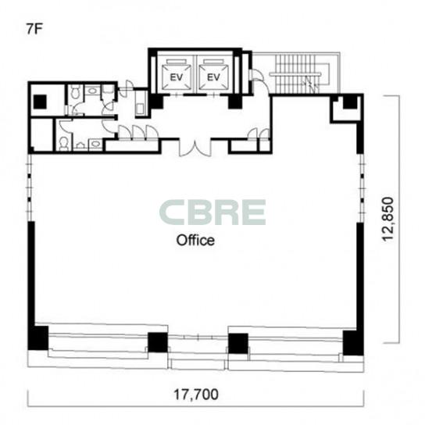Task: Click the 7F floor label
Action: click(x=34, y=30)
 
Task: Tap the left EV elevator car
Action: click(x=177, y=77)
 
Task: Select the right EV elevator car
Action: click(x=213, y=77)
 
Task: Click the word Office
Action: click(x=195, y=241)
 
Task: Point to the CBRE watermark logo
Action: click(x=212, y=212)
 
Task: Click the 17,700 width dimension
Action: click(x=195, y=395)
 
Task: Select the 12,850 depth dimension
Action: click(x=387, y=219)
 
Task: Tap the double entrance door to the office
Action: click(x=195, y=148)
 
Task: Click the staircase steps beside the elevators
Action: click(x=298, y=73)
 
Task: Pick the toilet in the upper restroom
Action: click(x=75, y=91)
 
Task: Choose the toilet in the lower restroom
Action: click(x=63, y=144)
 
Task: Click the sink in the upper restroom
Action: click(x=92, y=90)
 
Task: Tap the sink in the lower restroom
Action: click(x=95, y=145)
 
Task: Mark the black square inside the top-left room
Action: click(x=40, y=102)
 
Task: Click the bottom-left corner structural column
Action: click(x=38, y=337)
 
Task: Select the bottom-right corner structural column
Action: click(x=353, y=343)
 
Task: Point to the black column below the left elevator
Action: click(x=156, y=102)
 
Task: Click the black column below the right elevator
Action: click(x=235, y=102)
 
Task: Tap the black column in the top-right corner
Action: click(x=350, y=102)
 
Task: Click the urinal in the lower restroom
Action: click(x=80, y=146)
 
